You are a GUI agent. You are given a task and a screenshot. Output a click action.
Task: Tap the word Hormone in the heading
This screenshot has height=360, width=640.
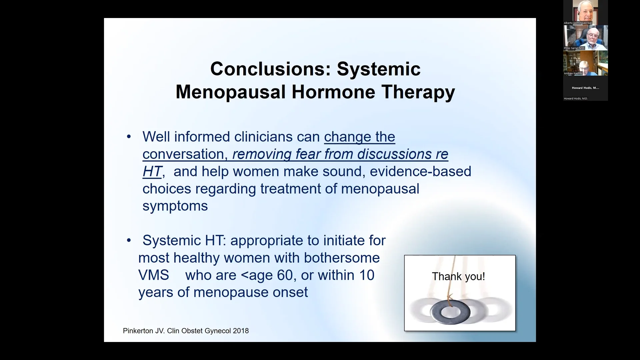click(333, 92)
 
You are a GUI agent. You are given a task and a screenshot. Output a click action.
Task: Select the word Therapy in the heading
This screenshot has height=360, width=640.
click(418, 92)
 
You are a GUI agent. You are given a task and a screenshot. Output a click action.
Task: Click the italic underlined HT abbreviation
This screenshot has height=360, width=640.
click(152, 171)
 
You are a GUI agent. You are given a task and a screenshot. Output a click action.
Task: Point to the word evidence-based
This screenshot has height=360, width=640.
click(420, 171)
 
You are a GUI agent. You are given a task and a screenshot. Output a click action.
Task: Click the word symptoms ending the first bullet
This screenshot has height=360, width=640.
click(175, 206)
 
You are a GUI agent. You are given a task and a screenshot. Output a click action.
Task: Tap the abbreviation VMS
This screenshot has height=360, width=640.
click(153, 275)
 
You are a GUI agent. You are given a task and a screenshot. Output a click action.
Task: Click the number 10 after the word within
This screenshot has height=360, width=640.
click(367, 275)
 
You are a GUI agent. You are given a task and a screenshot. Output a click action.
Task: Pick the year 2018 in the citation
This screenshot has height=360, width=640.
click(241, 331)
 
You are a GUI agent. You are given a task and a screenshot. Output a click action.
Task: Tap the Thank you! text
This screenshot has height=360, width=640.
click(458, 276)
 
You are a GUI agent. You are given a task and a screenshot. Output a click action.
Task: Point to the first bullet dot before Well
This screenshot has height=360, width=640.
click(129, 137)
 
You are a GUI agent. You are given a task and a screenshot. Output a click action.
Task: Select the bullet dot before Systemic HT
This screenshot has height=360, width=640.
click(129, 241)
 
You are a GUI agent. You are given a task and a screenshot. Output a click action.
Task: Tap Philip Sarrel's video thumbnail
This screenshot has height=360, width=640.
click(585, 37)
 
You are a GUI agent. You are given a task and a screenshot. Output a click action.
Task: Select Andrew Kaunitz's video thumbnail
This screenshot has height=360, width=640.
click(585, 63)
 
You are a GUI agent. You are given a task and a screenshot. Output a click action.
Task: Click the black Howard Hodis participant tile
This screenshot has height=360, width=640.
click(585, 88)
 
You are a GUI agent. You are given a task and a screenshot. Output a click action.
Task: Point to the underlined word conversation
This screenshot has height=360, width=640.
click(183, 154)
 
